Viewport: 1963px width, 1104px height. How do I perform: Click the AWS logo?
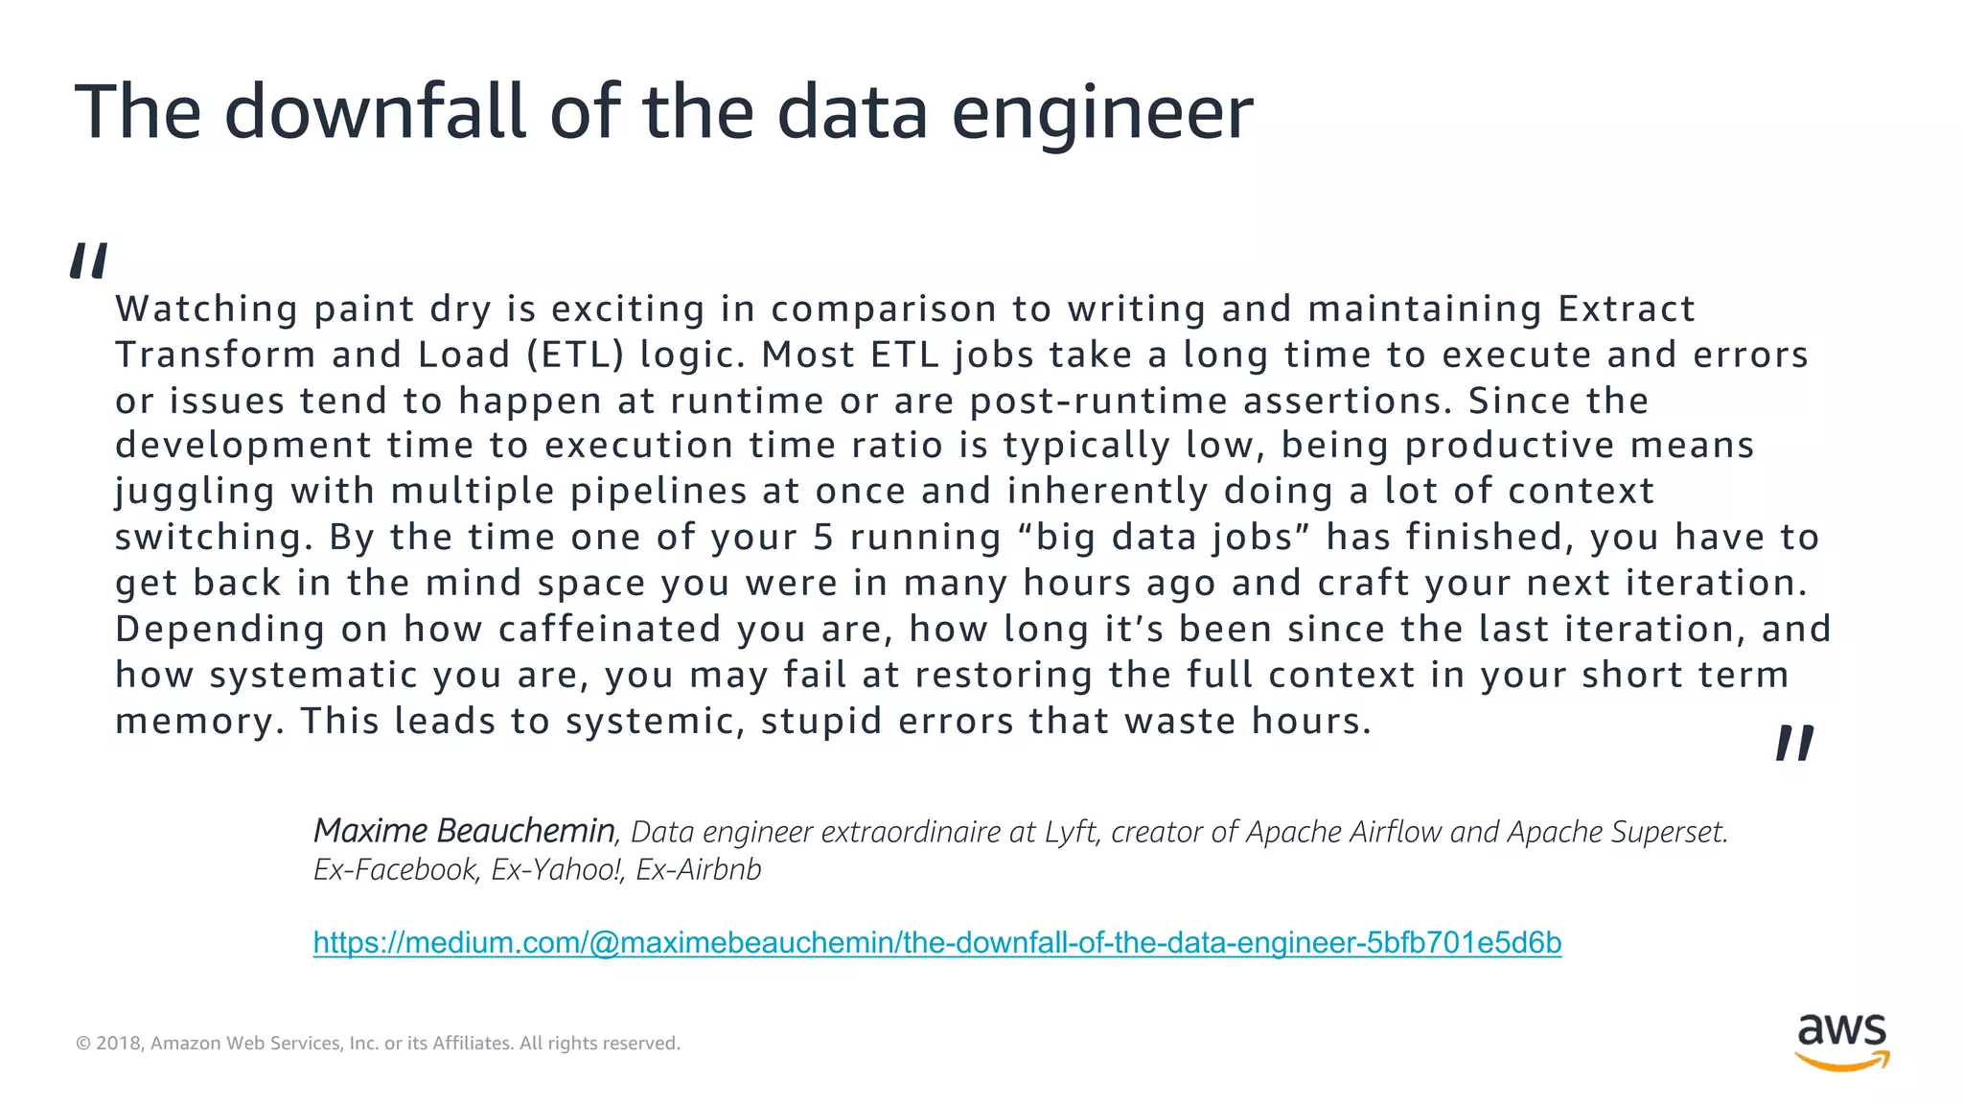click(1841, 1041)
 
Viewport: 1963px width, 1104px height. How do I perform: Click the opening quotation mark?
click(88, 261)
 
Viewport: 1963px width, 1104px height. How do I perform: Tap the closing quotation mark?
click(1793, 743)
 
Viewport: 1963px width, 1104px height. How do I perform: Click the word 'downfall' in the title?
click(376, 112)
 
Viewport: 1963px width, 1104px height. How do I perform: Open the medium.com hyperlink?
click(936, 943)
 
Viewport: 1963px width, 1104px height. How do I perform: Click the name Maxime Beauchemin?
click(464, 830)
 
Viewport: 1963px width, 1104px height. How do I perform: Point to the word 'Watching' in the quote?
click(207, 310)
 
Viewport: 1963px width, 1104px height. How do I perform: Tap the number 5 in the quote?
click(823, 538)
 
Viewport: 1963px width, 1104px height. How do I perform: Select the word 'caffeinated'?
click(610, 630)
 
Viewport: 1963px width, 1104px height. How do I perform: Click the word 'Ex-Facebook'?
click(395, 869)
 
